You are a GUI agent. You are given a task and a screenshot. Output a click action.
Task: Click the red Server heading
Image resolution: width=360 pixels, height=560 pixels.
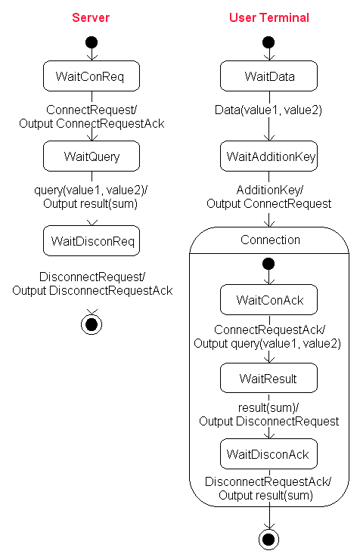click(91, 17)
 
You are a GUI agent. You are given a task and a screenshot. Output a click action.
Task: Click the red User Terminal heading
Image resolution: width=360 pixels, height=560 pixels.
click(268, 17)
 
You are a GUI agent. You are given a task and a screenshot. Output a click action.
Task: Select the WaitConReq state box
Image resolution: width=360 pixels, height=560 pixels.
click(92, 76)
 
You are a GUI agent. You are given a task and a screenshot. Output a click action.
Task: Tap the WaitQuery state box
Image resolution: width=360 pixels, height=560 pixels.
click(92, 156)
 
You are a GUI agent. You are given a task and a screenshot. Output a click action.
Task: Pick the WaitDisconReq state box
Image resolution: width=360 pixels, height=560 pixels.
click(92, 241)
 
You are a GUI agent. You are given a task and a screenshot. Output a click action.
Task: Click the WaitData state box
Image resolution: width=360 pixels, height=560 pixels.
click(268, 76)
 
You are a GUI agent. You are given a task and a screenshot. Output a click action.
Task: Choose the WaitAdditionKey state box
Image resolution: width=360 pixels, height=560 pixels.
click(268, 156)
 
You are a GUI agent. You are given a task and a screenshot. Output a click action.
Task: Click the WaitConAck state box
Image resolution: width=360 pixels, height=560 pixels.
click(268, 299)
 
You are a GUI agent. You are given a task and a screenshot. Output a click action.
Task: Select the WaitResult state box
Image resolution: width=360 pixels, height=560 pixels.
click(268, 378)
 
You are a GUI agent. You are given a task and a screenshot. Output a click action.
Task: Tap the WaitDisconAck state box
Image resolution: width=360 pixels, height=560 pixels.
click(268, 454)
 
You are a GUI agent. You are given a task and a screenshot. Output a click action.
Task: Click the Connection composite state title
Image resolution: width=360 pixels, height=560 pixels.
click(270, 240)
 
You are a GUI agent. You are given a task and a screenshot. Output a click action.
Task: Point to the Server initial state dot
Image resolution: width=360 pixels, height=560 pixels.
click(92, 42)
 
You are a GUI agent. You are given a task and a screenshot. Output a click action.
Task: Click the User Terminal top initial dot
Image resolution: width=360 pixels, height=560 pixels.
click(268, 42)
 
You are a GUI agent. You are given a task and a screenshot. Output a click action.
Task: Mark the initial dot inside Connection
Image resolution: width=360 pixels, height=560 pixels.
click(268, 264)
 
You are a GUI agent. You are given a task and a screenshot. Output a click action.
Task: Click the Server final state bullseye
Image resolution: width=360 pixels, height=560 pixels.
click(92, 325)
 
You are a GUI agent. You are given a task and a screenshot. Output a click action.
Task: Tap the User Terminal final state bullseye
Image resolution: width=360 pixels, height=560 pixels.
click(268, 540)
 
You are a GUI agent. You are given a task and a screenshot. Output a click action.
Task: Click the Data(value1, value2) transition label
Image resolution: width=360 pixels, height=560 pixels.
click(268, 110)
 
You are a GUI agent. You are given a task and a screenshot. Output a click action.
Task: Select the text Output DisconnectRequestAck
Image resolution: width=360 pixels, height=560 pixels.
click(92, 291)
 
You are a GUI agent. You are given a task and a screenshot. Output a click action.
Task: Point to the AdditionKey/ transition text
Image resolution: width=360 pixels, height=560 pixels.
click(270, 190)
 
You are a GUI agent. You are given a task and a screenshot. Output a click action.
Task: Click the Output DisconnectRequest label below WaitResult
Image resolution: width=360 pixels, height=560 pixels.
click(268, 422)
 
